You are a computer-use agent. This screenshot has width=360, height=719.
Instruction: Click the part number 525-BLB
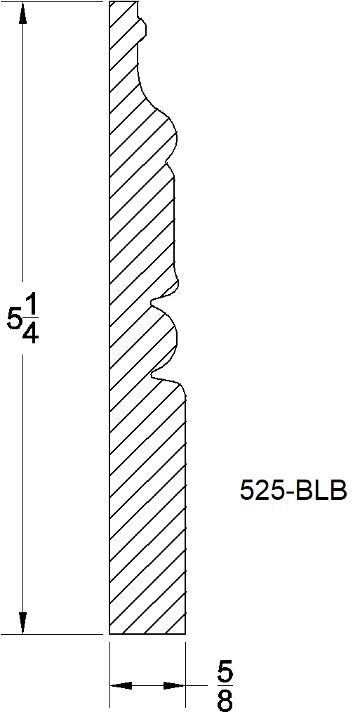point(293,491)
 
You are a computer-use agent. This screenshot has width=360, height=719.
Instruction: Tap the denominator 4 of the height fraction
point(30,332)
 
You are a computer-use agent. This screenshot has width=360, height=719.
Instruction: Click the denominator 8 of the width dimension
point(225,701)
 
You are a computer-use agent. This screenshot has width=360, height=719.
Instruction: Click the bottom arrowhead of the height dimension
point(23,623)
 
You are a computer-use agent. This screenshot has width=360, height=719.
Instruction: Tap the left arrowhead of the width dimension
point(121,685)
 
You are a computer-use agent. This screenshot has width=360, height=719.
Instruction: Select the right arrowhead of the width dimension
point(175,685)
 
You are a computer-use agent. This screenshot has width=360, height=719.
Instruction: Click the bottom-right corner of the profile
point(186,633)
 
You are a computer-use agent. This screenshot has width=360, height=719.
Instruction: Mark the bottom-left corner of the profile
point(109,633)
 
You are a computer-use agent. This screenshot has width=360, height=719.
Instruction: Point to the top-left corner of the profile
point(109,1)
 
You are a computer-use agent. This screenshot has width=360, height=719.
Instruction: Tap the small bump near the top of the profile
point(146,27)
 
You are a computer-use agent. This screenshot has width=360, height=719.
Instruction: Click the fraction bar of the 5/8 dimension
point(225,687)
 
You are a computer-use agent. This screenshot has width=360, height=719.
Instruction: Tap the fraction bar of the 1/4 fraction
point(30,319)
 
